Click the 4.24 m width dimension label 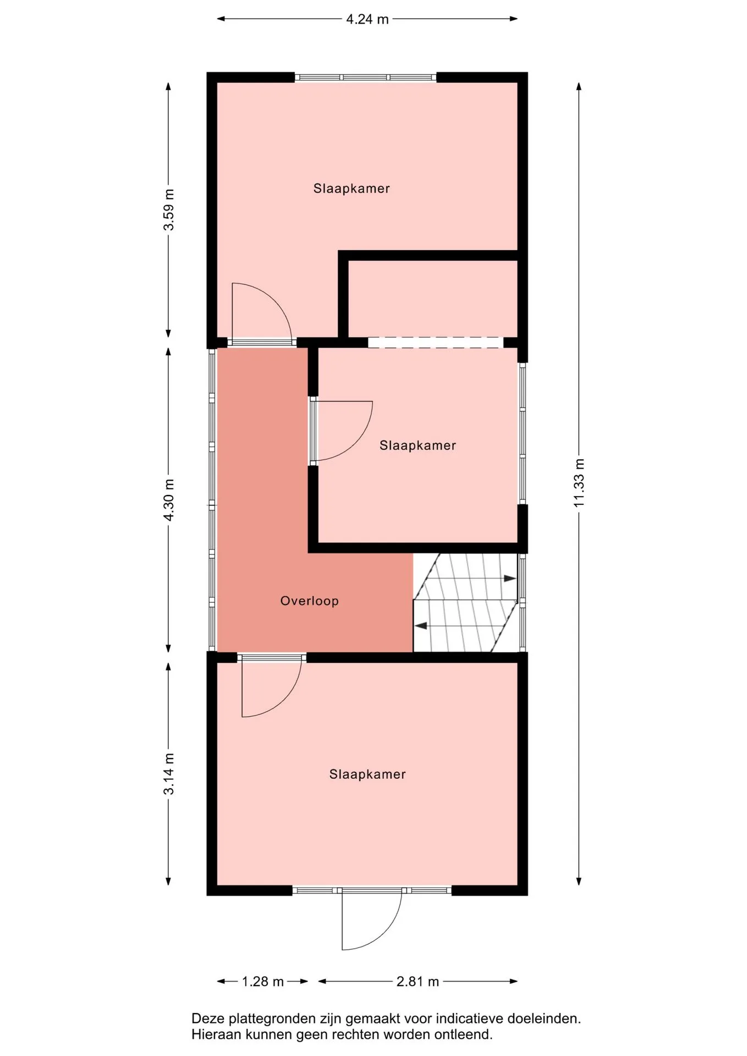pyautogui.click(x=367, y=19)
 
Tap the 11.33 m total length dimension pyautogui.click(x=579, y=482)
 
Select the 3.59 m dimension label pyautogui.click(x=169, y=210)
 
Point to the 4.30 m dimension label pyautogui.click(x=169, y=499)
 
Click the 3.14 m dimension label pyautogui.click(x=169, y=774)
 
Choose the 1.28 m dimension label pyautogui.click(x=263, y=982)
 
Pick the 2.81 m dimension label pyautogui.click(x=418, y=982)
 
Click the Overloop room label pyautogui.click(x=309, y=601)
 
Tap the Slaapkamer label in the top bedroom pyautogui.click(x=351, y=188)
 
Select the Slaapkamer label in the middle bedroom pyautogui.click(x=418, y=445)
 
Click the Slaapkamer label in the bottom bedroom pyautogui.click(x=367, y=774)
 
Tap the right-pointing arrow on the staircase pyautogui.click(x=510, y=578)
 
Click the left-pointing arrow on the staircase pyautogui.click(x=421, y=626)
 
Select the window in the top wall pyautogui.click(x=365, y=77)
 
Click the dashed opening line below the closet pyautogui.click(x=436, y=343)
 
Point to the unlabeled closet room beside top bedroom pyautogui.click(x=433, y=299)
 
